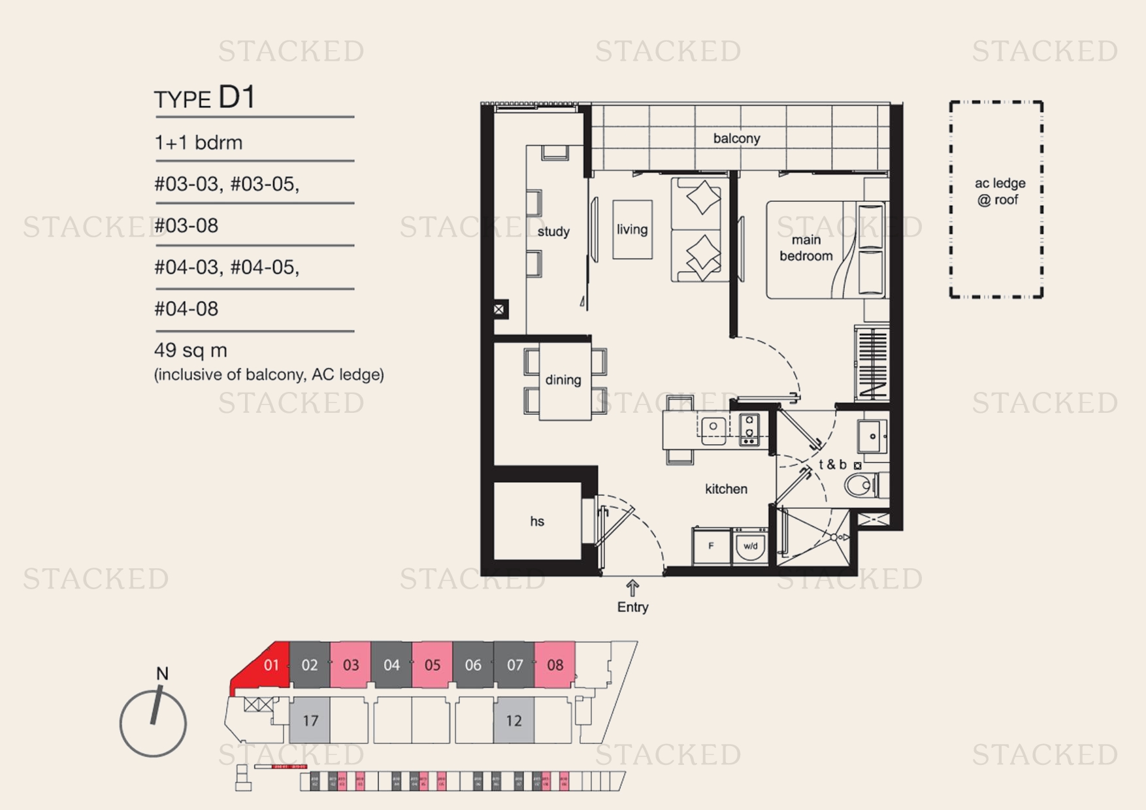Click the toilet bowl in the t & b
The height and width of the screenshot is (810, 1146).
tap(860, 485)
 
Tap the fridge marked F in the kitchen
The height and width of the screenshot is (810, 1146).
tap(711, 546)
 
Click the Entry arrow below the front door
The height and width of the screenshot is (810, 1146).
tap(632, 587)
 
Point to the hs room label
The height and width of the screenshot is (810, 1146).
tap(537, 521)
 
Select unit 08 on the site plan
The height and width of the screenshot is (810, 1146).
tap(555, 665)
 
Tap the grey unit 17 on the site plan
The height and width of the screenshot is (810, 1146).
tap(310, 721)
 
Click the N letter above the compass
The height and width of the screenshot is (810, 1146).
tap(162, 673)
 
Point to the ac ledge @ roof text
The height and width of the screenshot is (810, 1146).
tap(999, 191)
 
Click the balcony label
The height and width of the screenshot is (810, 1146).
tap(736, 138)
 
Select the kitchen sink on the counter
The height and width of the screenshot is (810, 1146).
tap(713, 428)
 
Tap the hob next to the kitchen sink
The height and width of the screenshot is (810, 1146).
tap(749, 430)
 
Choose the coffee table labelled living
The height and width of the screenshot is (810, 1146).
tap(632, 229)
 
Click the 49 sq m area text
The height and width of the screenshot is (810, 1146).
tap(191, 350)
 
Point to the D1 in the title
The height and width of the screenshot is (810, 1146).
tap(236, 97)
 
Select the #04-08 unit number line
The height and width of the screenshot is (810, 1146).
tap(186, 308)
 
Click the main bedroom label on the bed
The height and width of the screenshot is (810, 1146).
tap(806, 248)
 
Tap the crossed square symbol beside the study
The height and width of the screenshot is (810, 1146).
tap(499, 309)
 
